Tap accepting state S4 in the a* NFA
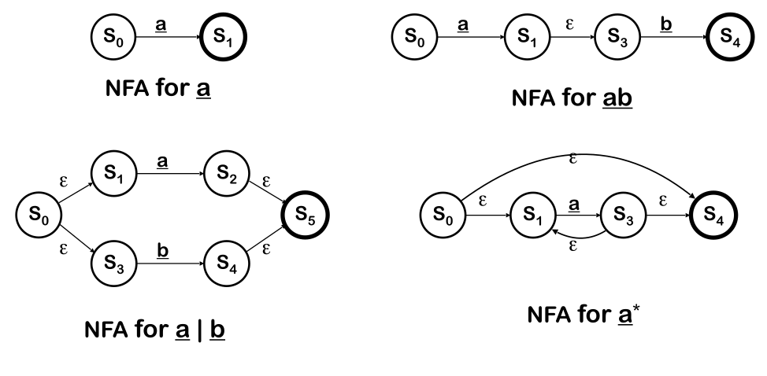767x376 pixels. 714,215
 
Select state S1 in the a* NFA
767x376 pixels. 533,215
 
